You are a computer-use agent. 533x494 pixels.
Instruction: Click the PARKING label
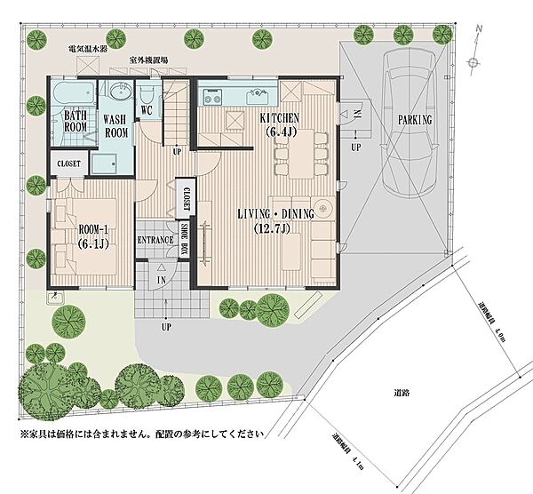click(x=415, y=119)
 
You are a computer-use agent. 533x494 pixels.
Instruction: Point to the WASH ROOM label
click(x=116, y=124)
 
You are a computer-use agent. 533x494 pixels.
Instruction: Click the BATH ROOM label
click(x=75, y=121)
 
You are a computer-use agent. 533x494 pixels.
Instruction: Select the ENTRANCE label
click(x=154, y=241)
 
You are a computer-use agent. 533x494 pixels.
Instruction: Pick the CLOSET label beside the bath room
click(x=68, y=164)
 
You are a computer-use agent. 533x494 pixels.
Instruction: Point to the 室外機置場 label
click(x=149, y=60)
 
